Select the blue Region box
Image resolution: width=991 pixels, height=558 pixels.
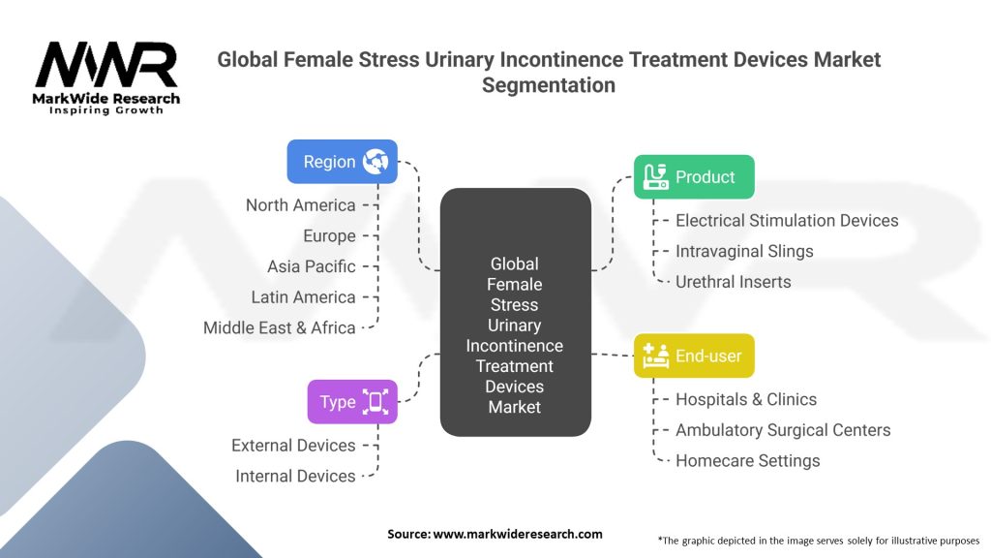[343, 162]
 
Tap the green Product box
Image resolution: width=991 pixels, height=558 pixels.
[694, 177]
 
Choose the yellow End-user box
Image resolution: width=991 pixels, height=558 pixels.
[694, 356]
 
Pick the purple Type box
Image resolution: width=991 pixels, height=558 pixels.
[352, 402]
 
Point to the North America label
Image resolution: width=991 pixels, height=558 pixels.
[300, 204]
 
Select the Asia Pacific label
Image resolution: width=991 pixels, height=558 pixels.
[312, 266]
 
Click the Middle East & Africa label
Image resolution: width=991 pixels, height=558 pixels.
[279, 327]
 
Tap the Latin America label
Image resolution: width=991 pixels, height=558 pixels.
[303, 297]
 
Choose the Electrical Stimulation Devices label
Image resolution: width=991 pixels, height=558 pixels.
[787, 221]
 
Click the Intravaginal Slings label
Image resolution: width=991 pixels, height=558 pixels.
[744, 251]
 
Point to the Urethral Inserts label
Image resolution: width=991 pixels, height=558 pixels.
[733, 282]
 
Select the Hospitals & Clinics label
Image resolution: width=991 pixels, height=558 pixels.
[746, 399]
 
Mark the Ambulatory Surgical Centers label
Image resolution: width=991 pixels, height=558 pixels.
[783, 430]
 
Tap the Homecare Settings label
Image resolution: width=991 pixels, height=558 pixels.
[747, 461]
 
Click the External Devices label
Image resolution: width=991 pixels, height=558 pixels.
[293, 446]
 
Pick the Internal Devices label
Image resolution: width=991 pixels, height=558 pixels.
[295, 476]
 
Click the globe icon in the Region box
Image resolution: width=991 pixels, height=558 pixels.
[375, 162]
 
